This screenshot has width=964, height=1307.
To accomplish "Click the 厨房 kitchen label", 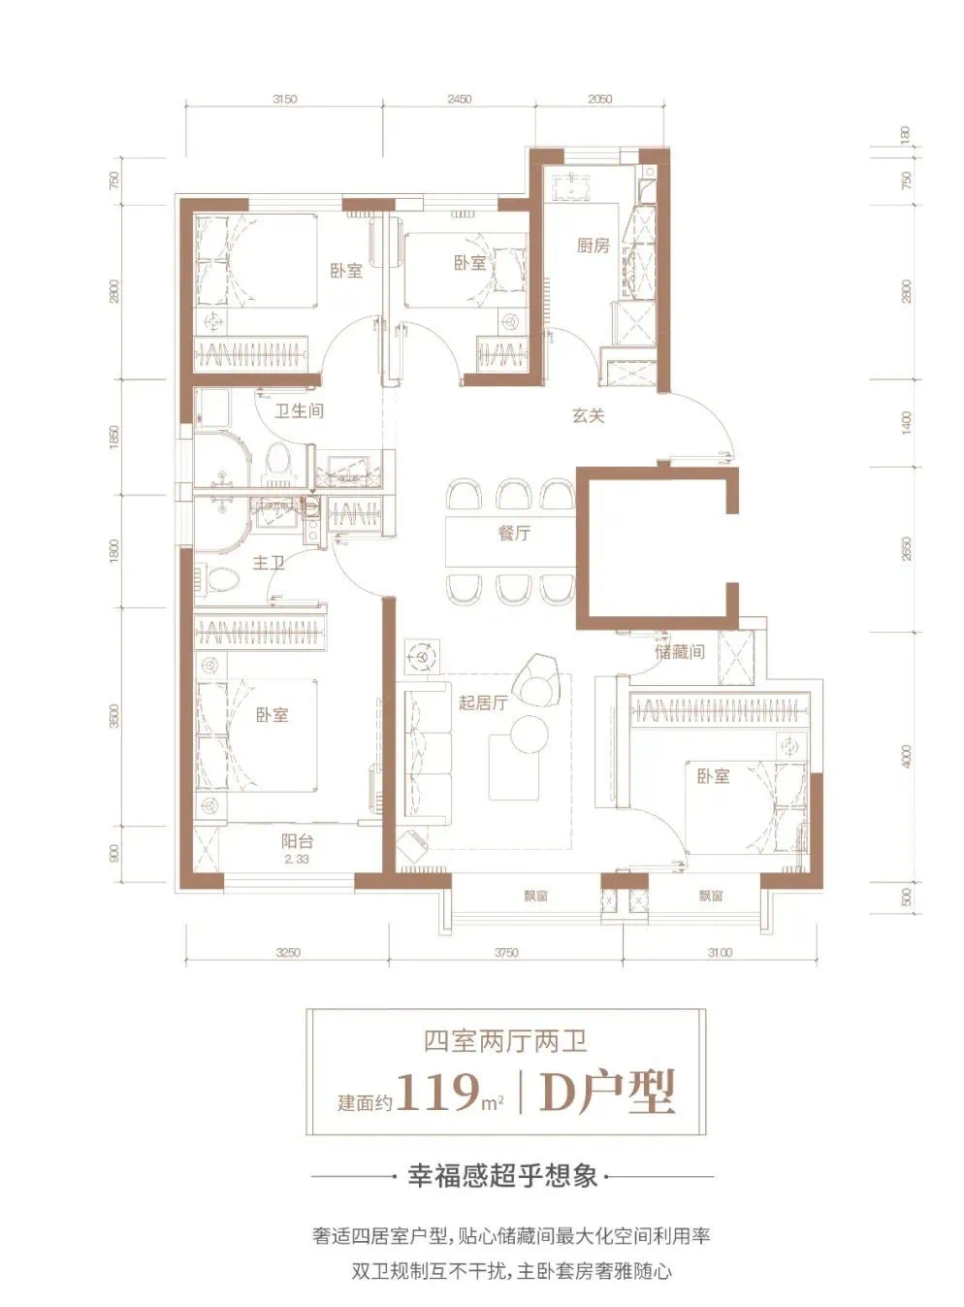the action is [x=593, y=245].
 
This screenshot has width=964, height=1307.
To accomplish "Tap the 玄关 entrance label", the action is [x=588, y=415].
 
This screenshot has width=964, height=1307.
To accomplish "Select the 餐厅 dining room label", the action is [x=514, y=534].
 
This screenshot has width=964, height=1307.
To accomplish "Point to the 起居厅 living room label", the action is [x=483, y=703].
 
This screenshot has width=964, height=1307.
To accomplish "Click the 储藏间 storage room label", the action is [x=680, y=651].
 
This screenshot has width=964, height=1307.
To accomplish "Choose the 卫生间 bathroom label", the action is [x=300, y=410].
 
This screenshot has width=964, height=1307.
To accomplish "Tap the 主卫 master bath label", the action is [x=269, y=563].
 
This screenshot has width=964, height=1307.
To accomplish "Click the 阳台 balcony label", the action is [x=297, y=841].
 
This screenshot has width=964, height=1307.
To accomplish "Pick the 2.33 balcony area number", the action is [x=297, y=859].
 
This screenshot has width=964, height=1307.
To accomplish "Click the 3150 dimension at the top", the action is [x=284, y=99].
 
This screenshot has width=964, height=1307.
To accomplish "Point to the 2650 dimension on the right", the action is [x=906, y=548].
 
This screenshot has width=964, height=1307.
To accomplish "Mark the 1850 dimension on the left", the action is [x=114, y=438].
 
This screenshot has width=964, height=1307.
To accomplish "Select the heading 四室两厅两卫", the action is [x=505, y=1042].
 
